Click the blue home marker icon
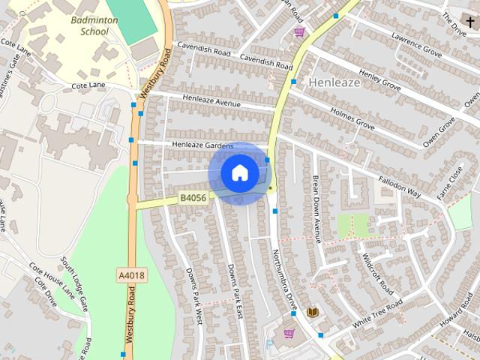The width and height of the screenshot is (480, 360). pyautogui.click(x=239, y=173)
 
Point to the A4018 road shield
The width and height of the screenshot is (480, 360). pyautogui.click(x=131, y=276)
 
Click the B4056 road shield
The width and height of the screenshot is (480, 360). pyautogui.click(x=193, y=198)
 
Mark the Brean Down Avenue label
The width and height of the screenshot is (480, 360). pyautogui.click(x=316, y=208)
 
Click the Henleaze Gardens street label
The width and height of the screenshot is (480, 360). pyautogui.click(x=202, y=145)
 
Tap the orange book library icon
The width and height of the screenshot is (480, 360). pyautogui.click(x=313, y=311)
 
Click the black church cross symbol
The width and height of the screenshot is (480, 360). pyautogui.click(x=469, y=22)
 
